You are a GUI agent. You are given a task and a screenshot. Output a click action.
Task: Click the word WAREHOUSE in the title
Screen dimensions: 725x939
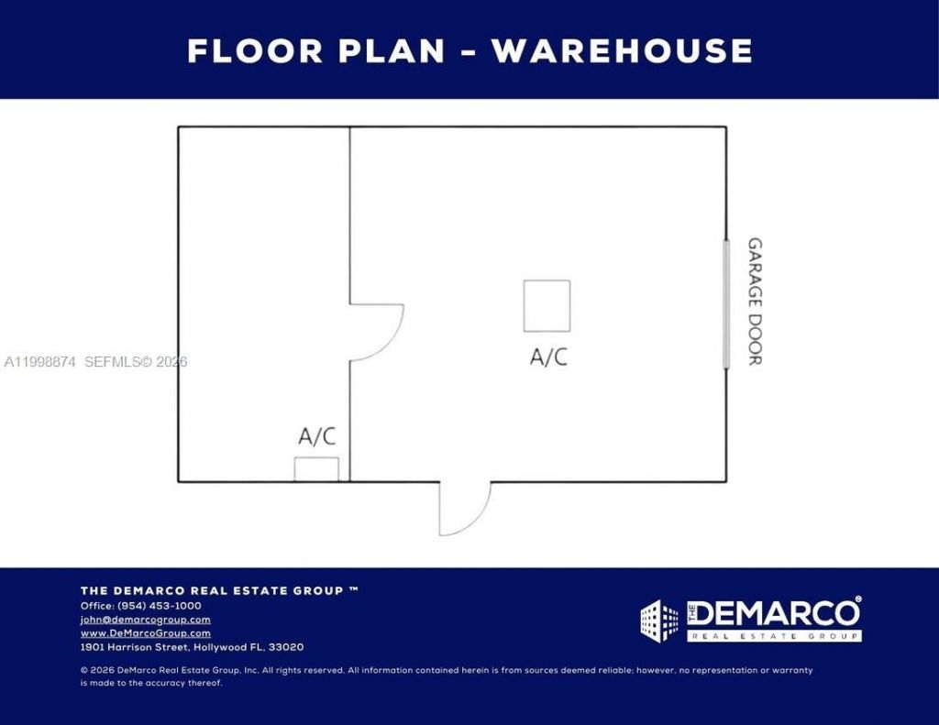(x=622, y=50)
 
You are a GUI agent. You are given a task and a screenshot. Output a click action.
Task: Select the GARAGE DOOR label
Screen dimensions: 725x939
(x=755, y=302)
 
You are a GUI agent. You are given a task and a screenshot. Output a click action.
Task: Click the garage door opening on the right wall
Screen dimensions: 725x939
(x=726, y=304)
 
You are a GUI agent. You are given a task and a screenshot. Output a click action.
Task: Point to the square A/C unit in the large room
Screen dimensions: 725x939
(x=547, y=306)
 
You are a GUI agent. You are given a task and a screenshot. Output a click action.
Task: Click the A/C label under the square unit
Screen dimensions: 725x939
(x=548, y=357)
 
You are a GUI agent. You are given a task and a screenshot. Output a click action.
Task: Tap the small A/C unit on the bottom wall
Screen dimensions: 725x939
(x=316, y=469)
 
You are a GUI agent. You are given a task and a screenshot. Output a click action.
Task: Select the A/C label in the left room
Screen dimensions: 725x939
(x=316, y=437)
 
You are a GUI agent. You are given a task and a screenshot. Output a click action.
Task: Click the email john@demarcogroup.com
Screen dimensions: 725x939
(x=145, y=620)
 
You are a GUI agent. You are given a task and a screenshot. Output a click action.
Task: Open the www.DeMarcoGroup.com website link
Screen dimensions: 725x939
(x=145, y=633)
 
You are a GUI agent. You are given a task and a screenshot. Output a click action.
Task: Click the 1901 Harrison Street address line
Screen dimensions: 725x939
(x=192, y=647)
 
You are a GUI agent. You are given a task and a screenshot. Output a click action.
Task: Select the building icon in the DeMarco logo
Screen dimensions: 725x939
(x=659, y=621)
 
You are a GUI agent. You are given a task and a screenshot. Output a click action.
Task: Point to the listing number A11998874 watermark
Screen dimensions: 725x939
(x=40, y=362)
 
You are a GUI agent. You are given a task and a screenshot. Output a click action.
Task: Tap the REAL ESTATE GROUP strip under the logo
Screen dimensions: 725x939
(x=774, y=636)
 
